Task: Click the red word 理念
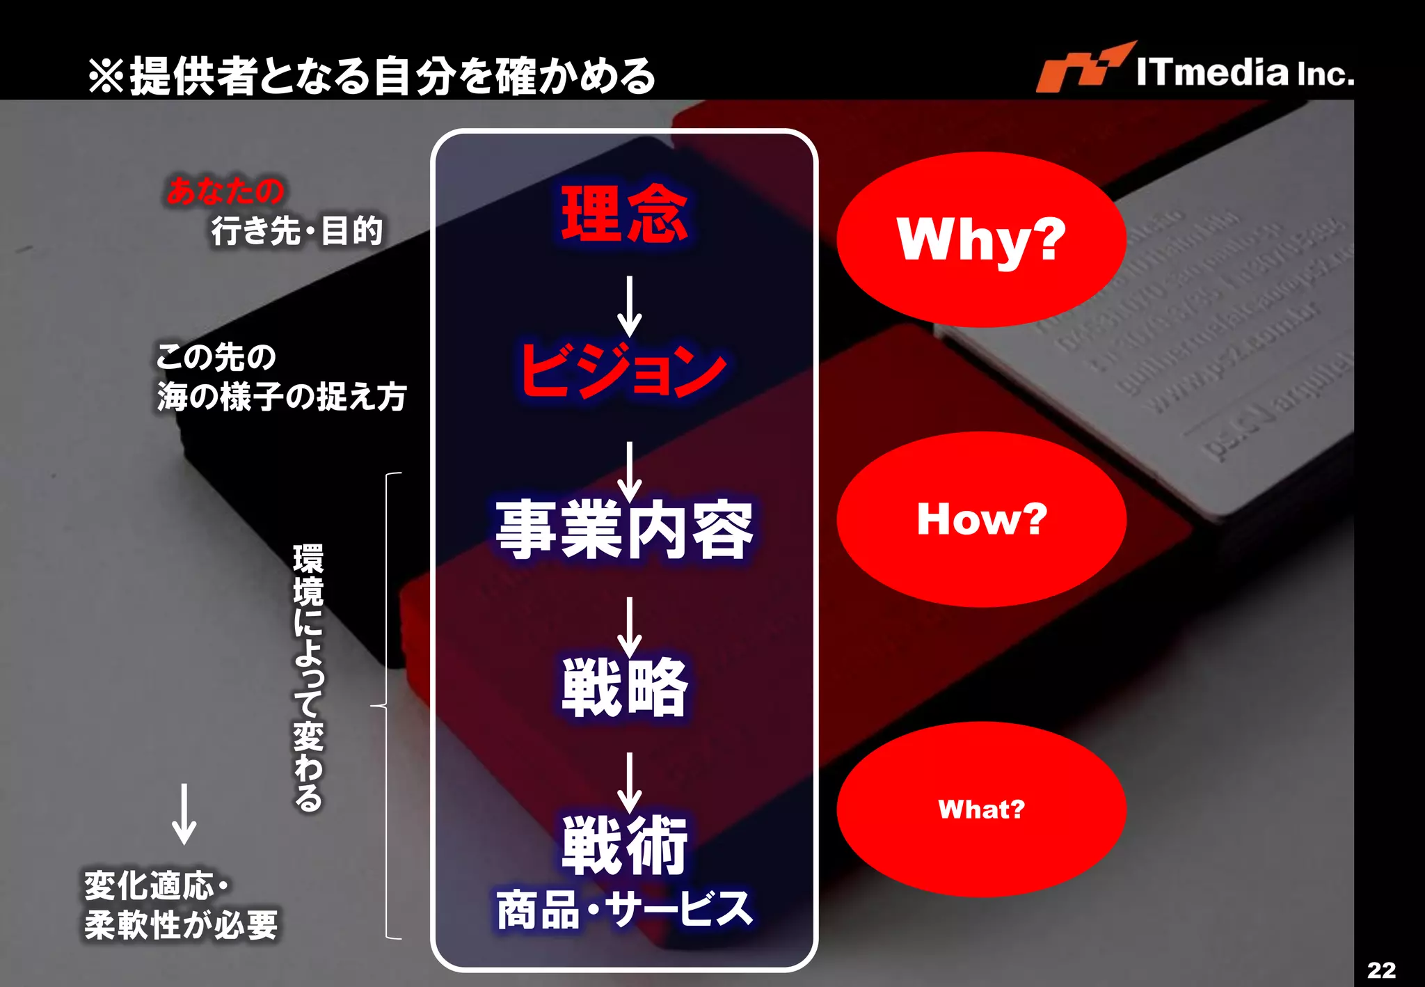tap(624, 214)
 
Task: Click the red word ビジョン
tap(623, 371)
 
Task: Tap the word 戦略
tap(624, 688)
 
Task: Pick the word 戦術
tap(624, 845)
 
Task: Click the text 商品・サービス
tap(624, 909)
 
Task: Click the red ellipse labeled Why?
tap(981, 239)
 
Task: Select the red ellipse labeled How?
tap(981, 519)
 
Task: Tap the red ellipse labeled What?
tap(981, 809)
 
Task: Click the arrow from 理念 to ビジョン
tap(630, 306)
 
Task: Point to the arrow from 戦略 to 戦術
tap(630, 782)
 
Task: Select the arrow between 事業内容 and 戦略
tap(630, 626)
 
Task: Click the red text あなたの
tap(225, 191)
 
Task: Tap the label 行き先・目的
tap(297, 230)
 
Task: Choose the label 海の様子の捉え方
tap(281, 397)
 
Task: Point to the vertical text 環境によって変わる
tap(308, 677)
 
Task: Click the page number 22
tap(1381, 970)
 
